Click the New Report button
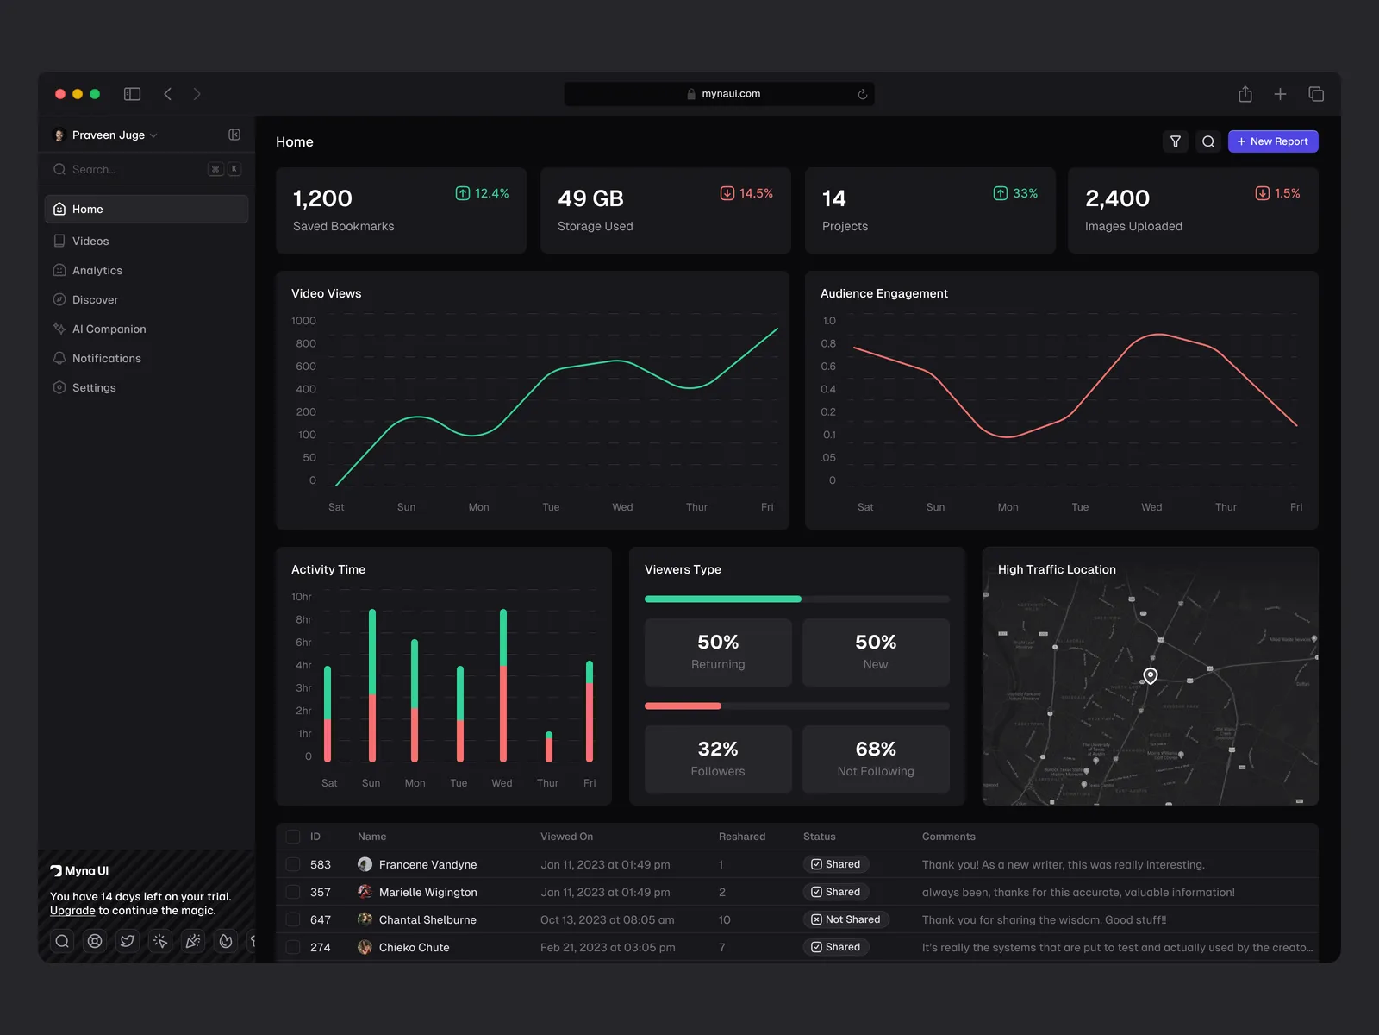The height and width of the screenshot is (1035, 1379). (1272, 141)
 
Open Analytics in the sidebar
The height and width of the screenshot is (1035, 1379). (97, 271)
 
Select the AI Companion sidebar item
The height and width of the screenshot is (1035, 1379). (109, 329)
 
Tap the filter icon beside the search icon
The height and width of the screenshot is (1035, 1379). (1175, 141)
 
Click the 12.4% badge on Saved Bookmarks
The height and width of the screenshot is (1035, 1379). (482, 193)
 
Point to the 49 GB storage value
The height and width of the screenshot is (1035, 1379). (590, 198)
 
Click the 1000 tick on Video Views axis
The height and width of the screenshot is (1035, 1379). (303, 321)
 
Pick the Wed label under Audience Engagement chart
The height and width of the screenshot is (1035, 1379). (1151, 507)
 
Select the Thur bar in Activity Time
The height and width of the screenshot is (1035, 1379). (549, 747)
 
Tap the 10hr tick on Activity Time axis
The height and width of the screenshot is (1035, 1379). (301, 597)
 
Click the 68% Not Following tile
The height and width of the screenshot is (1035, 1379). (876, 759)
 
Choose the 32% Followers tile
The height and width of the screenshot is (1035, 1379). (718, 759)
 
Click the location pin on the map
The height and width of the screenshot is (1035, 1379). (1151, 675)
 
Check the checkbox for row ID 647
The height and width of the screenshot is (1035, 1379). (293, 919)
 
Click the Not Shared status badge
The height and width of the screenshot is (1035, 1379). (845, 919)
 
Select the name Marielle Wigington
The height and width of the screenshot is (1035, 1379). (427, 892)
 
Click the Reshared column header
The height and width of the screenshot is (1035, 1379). (741, 837)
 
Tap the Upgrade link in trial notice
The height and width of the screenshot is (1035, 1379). (72, 911)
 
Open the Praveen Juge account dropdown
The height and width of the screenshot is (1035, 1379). (108, 135)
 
